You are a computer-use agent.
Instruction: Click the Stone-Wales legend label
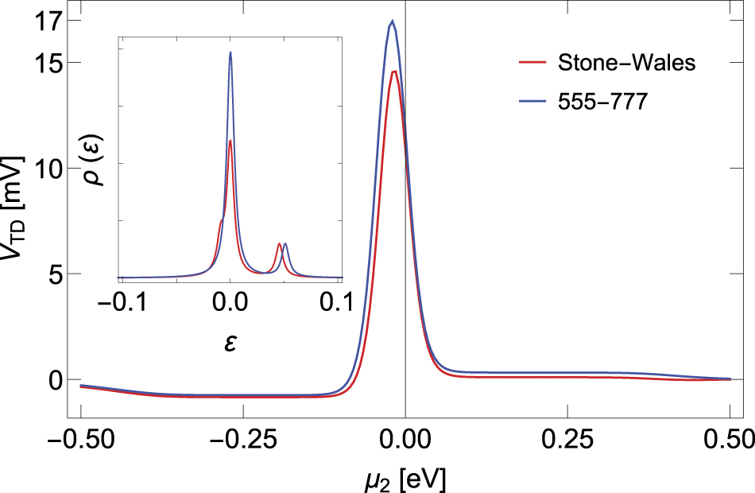(627, 63)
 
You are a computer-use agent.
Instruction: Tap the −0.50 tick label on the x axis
(80, 437)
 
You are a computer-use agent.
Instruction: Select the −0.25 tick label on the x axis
(242, 437)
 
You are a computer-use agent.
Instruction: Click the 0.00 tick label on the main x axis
(405, 437)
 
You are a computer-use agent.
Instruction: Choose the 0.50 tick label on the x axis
(729, 437)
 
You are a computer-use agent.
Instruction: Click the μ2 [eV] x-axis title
(405, 477)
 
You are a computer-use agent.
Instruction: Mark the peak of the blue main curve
(393, 21)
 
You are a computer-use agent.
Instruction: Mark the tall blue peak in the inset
(230, 52)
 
